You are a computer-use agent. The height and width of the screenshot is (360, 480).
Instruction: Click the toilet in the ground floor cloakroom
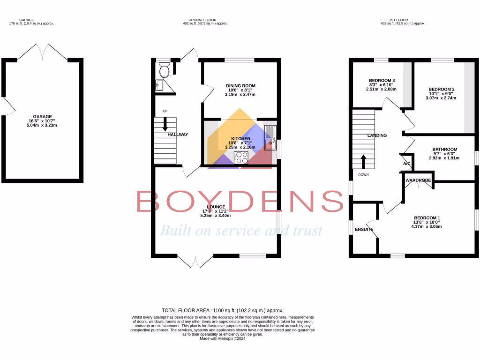164,71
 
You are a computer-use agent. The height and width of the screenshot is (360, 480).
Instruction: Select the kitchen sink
270,138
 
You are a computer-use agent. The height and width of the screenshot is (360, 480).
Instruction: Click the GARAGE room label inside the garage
42,116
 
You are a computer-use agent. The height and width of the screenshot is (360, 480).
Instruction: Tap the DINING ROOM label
240,86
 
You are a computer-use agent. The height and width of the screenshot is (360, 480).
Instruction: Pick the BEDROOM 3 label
382,80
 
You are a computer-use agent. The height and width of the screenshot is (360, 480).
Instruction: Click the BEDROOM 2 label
441,89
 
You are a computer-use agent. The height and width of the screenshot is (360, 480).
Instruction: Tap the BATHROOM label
444,150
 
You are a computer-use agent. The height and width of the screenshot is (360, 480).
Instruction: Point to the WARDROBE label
418,180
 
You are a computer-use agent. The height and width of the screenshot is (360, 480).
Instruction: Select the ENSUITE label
364,229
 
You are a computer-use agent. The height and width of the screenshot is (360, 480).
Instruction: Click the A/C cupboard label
406,164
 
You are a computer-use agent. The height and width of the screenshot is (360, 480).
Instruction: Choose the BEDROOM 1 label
427,217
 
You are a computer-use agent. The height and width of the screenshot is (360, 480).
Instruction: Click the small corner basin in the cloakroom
158,85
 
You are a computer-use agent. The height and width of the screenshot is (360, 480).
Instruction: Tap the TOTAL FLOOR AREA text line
222,310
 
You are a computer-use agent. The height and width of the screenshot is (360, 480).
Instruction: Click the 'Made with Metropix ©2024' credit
222,338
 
